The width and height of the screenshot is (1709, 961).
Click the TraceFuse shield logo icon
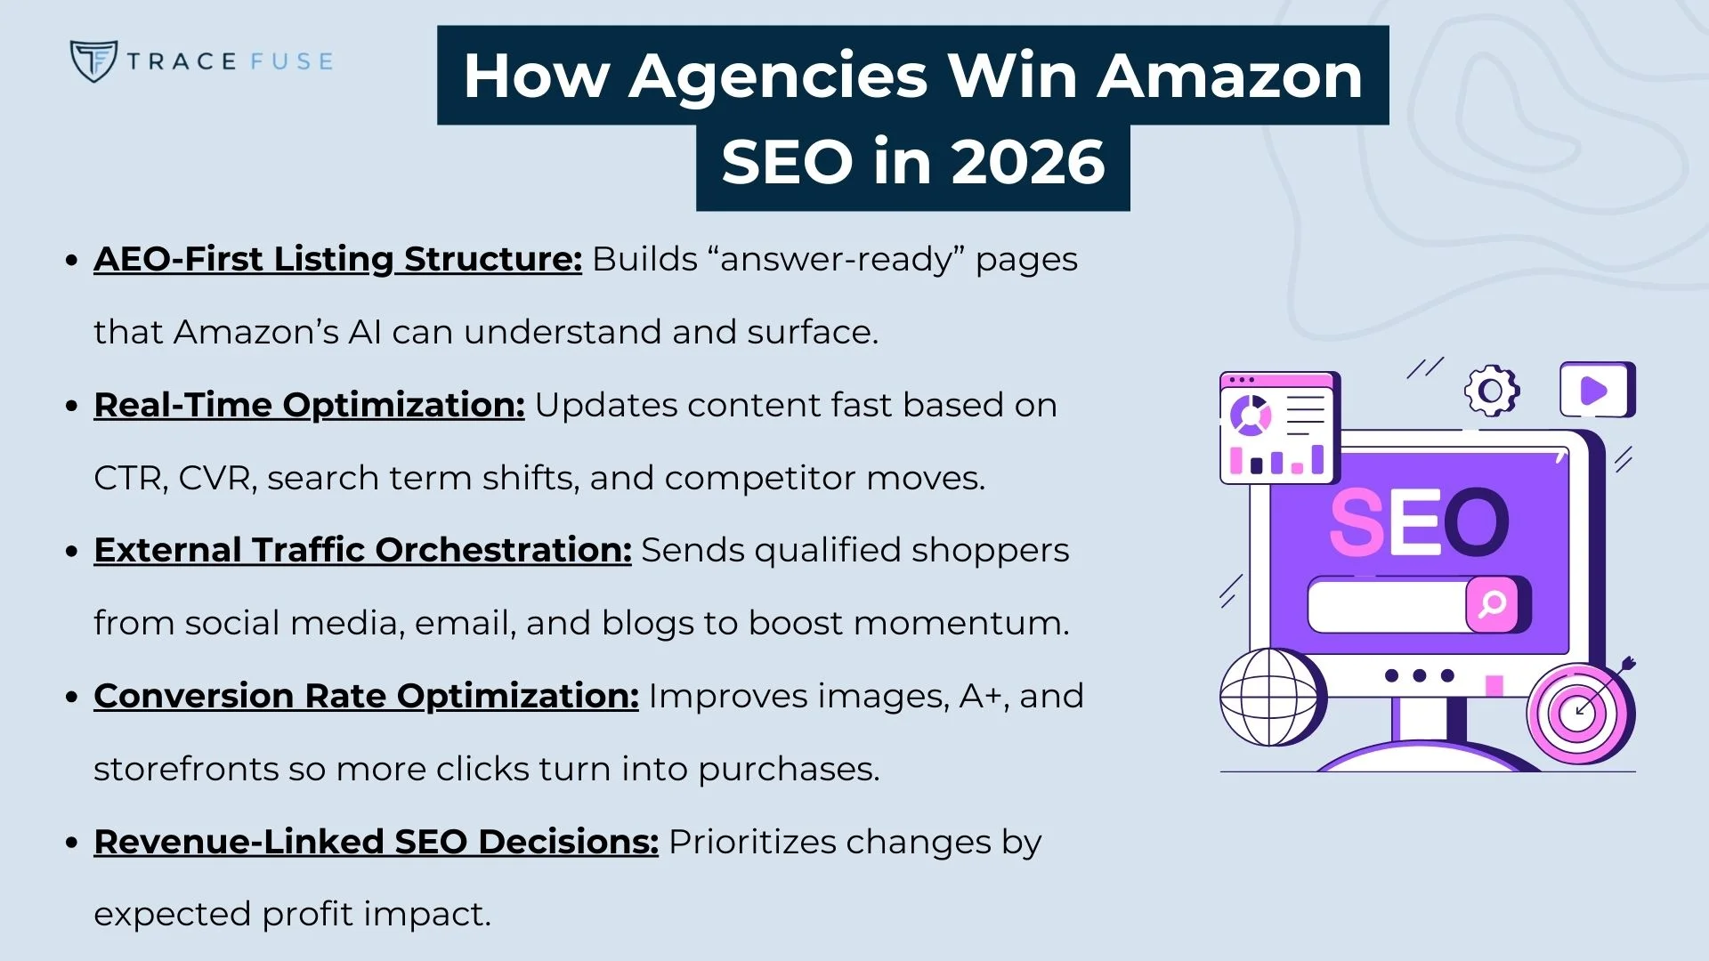click(93, 61)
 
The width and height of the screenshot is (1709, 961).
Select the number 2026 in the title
click(1028, 163)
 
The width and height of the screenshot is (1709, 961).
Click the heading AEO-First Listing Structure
click(337, 259)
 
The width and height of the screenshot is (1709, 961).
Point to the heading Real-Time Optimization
click(309, 405)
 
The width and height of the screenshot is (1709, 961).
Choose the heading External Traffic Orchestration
click(362, 550)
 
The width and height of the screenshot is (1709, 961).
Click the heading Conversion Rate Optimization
click(366, 696)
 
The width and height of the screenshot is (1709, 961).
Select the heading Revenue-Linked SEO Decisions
click(376, 842)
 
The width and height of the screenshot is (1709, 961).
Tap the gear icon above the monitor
click(1492, 391)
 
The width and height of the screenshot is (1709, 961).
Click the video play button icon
click(1595, 391)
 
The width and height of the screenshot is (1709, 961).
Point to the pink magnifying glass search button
click(1492, 604)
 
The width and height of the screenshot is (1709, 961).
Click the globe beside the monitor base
click(1269, 697)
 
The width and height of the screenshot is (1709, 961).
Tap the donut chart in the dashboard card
click(1251, 415)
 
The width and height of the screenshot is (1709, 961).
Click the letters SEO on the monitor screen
click(1419, 523)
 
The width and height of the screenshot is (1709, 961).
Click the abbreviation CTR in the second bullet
click(129, 479)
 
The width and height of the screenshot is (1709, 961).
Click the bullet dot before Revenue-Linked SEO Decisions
click(72, 843)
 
